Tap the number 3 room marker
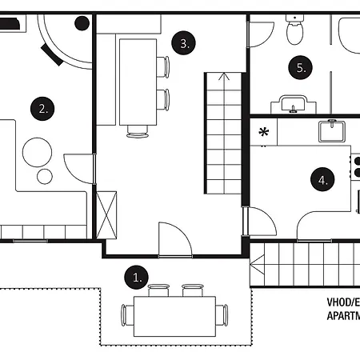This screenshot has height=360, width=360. [185, 43]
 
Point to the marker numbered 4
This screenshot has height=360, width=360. [322, 180]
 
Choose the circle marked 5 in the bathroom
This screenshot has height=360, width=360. [301, 68]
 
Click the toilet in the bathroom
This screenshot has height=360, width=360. [294, 32]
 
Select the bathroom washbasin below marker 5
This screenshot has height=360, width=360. [294, 104]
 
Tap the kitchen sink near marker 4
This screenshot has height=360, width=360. [330, 131]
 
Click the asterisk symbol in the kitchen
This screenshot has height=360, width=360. [263, 131]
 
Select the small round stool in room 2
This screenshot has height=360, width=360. [45, 174]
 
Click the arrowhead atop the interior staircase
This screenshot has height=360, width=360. [223, 78]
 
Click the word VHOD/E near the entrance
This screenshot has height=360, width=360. [342, 302]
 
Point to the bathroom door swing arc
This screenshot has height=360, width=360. [259, 34]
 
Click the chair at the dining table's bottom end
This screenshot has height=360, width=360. [138, 131]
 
